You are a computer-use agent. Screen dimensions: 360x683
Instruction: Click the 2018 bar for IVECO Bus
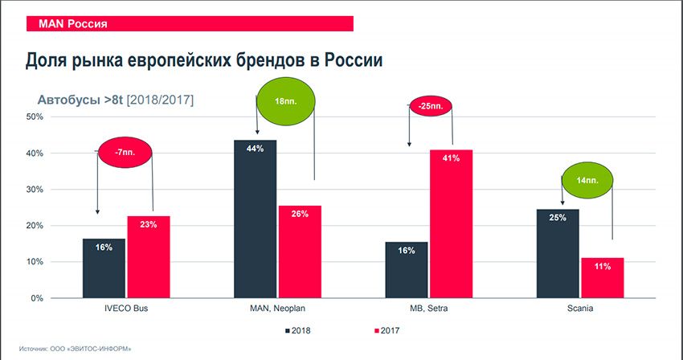pyautogui.click(x=104, y=268)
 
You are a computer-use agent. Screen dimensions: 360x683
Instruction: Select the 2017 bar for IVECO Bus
pyautogui.click(x=148, y=257)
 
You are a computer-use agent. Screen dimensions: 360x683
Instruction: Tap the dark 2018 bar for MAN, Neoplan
pyautogui.click(x=255, y=219)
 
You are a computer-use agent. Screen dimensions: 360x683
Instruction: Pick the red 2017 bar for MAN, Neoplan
pyautogui.click(x=300, y=252)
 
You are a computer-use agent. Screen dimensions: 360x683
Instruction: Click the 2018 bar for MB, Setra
pyautogui.click(x=407, y=270)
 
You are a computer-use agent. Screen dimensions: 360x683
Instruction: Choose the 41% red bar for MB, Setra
pyautogui.click(x=451, y=224)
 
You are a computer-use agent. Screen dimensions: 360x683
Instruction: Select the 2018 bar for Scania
pyautogui.click(x=558, y=253)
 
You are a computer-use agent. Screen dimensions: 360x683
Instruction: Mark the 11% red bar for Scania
pyautogui.click(x=603, y=278)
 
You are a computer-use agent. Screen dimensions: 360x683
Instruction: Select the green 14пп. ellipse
pyautogui.click(x=586, y=182)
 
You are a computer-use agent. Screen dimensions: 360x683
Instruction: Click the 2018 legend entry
pyautogui.click(x=297, y=329)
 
